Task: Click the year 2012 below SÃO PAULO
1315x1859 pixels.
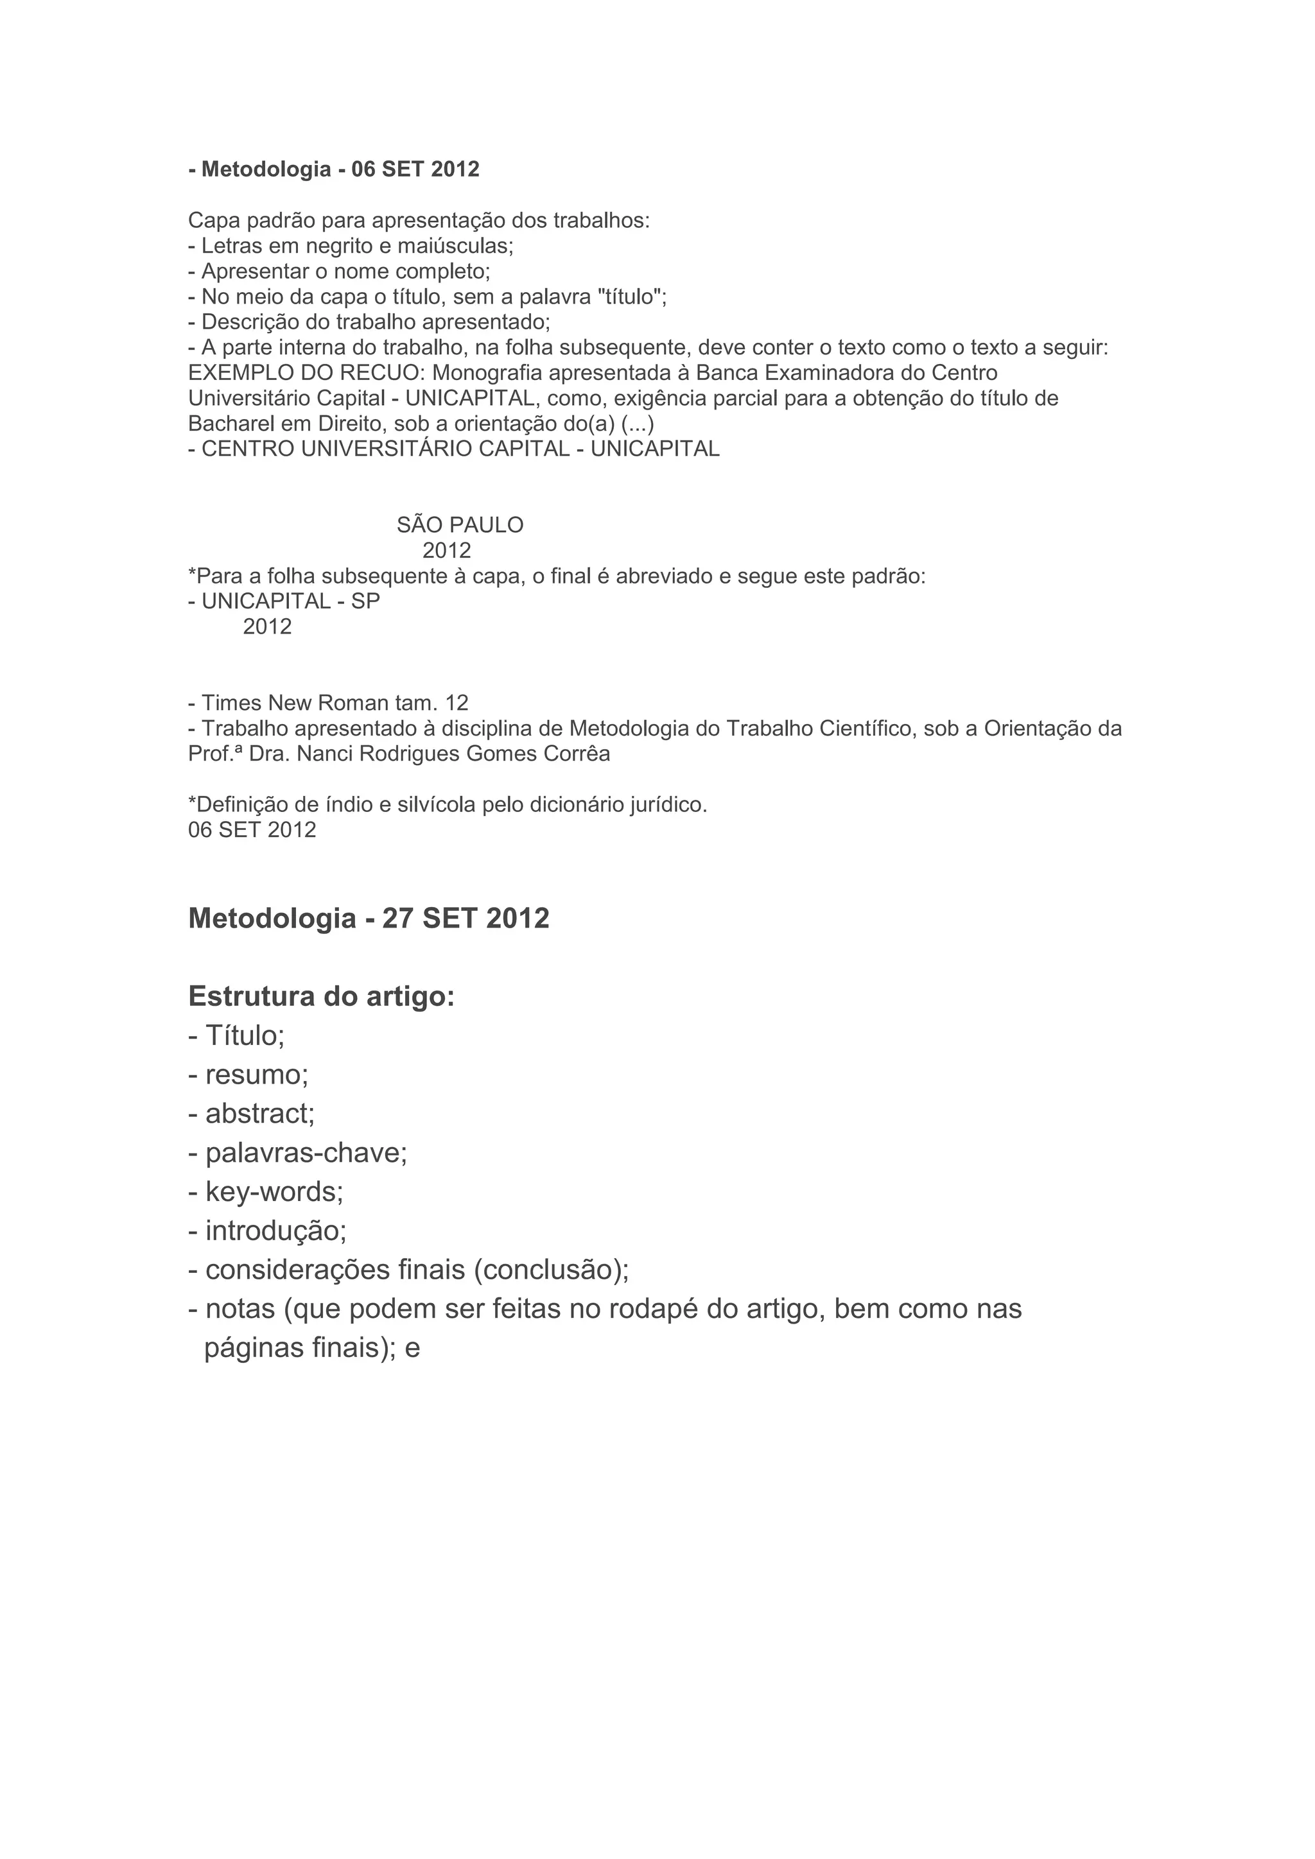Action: pos(446,551)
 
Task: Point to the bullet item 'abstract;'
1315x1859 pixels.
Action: pos(259,1114)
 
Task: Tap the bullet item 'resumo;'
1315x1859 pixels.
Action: pos(257,1075)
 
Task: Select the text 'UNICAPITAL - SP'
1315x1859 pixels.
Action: pos(290,601)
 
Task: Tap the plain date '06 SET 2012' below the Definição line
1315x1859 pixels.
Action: pos(252,831)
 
